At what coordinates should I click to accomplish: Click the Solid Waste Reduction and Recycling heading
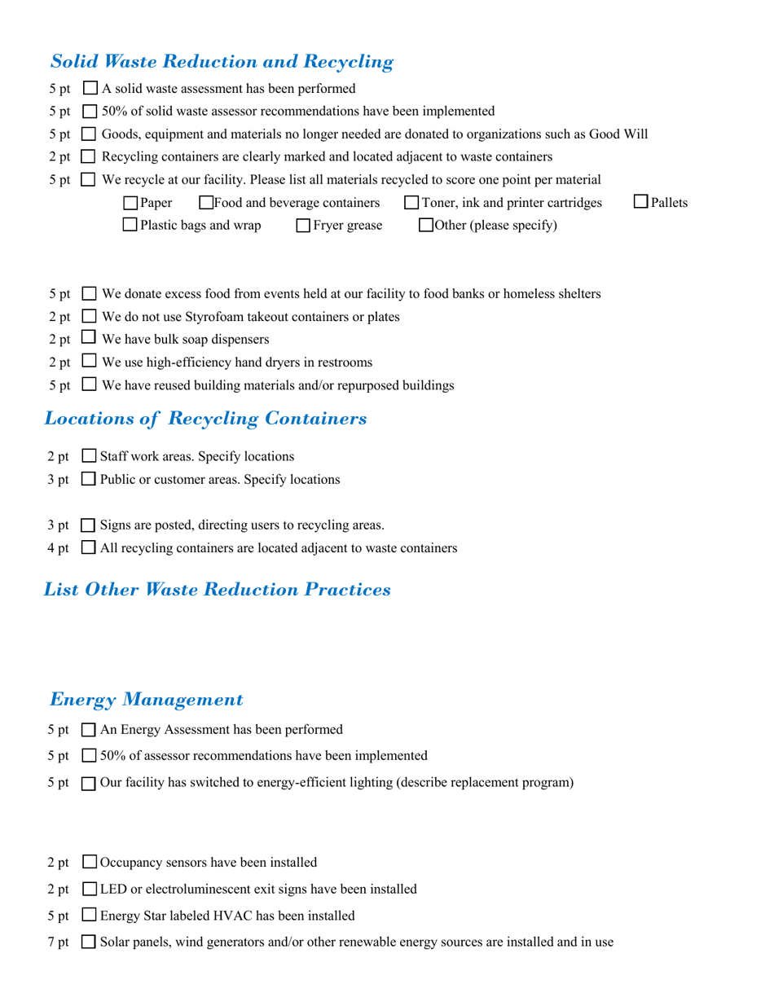tap(222, 61)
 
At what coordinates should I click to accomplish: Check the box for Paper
tap(130, 203)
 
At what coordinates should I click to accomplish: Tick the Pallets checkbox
tap(641, 201)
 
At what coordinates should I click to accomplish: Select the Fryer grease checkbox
tap(303, 226)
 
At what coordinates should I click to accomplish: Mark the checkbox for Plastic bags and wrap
tap(130, 225)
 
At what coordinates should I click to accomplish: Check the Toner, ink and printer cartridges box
tap(411, 203)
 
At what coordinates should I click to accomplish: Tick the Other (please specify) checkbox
tap(426, 226)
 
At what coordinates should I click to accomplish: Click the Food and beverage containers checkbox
tap(206, 203)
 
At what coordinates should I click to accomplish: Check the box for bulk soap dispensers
tap(90, 338)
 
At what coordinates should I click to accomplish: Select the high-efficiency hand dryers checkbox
tap(90, 361)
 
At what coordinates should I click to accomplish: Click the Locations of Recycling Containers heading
tap(204, 419)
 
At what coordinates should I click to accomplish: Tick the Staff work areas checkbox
tap(90, 456)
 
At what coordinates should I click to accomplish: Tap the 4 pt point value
tap(59, 548)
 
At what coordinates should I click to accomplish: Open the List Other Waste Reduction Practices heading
tap(217, 589)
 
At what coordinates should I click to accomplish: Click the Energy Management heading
tap(147, 699)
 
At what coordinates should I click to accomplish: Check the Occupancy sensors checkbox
tap(90, 862)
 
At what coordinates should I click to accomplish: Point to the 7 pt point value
tap(59, 943)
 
